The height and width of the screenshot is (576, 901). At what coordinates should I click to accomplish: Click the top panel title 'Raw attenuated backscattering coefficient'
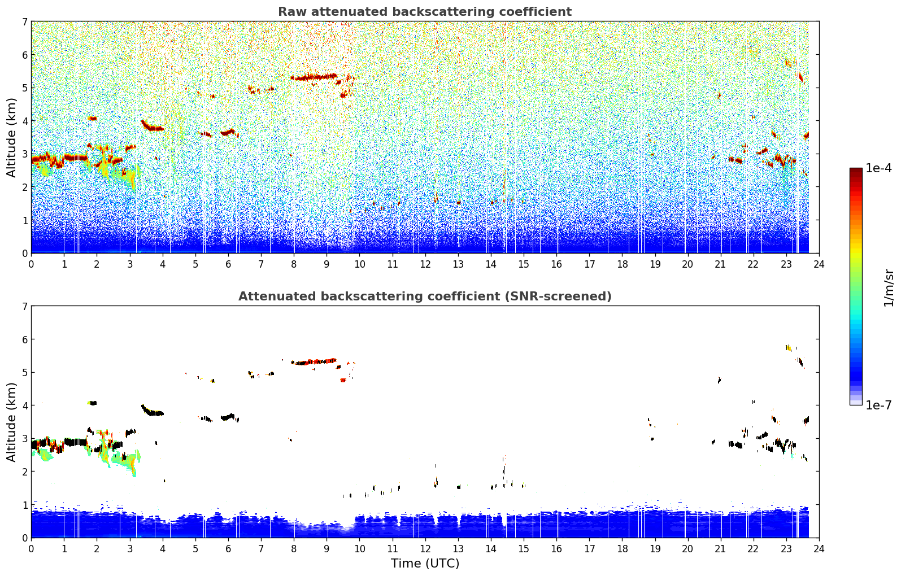(x=425, y=12)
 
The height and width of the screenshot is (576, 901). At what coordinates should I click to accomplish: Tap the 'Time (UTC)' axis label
(x=425, y=564)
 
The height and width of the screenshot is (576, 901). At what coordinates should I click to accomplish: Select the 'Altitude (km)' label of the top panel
(x=11, y=138)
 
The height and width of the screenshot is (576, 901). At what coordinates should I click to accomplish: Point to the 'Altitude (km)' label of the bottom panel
(x=11, y=422)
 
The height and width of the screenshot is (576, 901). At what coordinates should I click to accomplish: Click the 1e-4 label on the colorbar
(x=878, y=168)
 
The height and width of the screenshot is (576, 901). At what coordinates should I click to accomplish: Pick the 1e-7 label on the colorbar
(x=878, y=405)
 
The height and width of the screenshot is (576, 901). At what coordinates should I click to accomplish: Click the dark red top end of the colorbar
(x=856, y=170)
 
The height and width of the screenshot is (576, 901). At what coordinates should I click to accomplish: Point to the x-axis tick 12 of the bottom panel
(x=425, y=549)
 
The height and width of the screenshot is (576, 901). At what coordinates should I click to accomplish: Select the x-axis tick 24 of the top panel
(x=819, y=264)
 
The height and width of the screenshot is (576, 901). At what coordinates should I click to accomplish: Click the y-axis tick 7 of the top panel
(x=25, y=21)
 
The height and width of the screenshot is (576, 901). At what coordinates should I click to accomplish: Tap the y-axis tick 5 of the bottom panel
(x=25, y=373)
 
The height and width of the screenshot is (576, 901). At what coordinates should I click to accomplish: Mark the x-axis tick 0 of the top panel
(x=32, y=264)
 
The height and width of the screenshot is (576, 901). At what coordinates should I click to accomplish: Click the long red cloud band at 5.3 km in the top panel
(x=314, y=77)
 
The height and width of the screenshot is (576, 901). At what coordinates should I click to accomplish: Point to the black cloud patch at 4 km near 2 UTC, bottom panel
(x=93, y=403)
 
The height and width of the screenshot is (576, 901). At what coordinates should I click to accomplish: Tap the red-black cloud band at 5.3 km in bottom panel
(x=314, y=361)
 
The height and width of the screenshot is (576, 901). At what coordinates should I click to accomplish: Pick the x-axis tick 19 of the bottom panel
(x=655, y=549)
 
